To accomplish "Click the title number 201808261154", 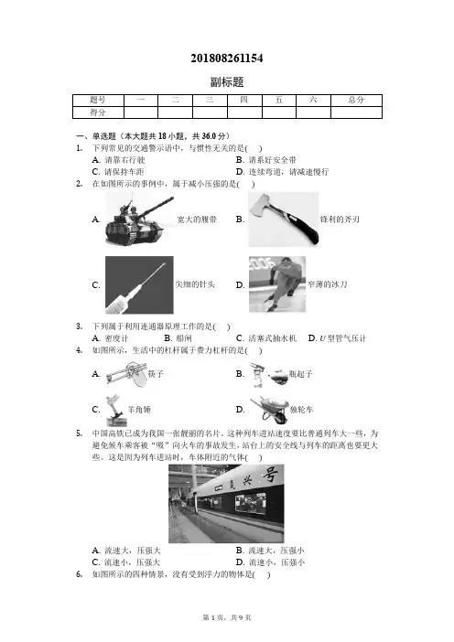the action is tap(227, 59).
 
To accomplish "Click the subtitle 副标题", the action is tap(227, 82).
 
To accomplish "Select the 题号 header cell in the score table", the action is tap(98, 101).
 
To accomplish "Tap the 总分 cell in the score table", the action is tap(356, 101).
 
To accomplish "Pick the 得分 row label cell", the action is tap(98, 112).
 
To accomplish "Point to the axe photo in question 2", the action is tap(284, 219).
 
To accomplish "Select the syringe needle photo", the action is tap(139, 285).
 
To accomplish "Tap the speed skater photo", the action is tap(277, 284).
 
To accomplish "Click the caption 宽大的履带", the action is tap(197, 219).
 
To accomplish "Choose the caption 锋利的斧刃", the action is tap(340, 219).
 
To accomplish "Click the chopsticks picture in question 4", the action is tap(125, 373).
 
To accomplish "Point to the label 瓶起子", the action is tap(301, 374).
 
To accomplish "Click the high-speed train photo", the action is tap(226, 504).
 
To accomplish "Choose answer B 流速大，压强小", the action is tap(270, 551).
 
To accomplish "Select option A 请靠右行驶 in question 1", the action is tap(119, 160).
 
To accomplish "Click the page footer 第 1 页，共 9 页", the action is tap(227, 617).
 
